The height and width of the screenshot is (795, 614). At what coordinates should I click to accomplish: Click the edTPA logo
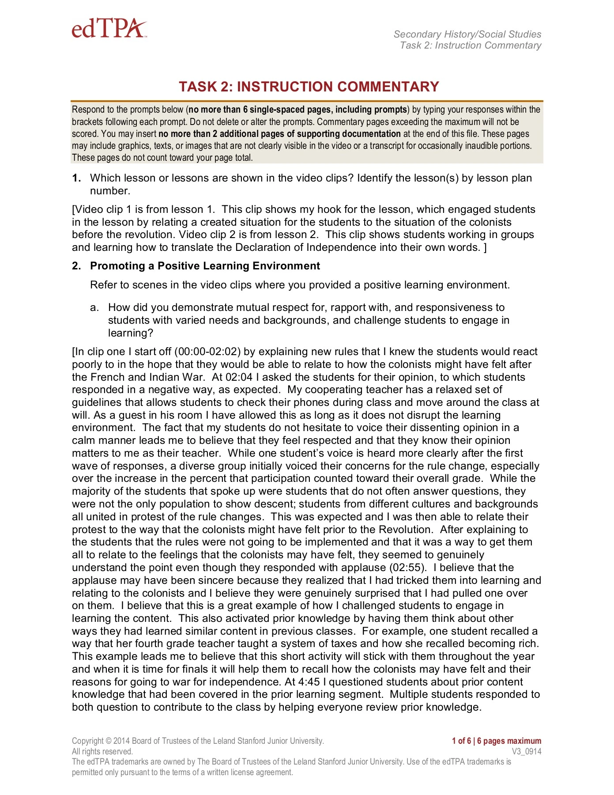click(109, 29)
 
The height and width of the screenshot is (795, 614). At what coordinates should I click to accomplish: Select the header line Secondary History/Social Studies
click(467, 34)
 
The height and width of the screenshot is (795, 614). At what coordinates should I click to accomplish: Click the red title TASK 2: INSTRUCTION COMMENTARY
click(309, 87)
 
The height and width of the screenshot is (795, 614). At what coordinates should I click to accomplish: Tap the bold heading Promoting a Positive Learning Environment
click(205, 266)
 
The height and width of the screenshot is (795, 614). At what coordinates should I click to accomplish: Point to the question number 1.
click(76, 178)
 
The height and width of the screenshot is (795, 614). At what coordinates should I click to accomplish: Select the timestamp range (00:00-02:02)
click(207, 352)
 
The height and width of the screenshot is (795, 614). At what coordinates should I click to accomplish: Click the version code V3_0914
click(526, 751)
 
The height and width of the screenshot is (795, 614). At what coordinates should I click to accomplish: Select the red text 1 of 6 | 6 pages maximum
click(496, 741)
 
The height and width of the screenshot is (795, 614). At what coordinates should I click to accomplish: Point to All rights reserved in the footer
click(102, 751)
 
